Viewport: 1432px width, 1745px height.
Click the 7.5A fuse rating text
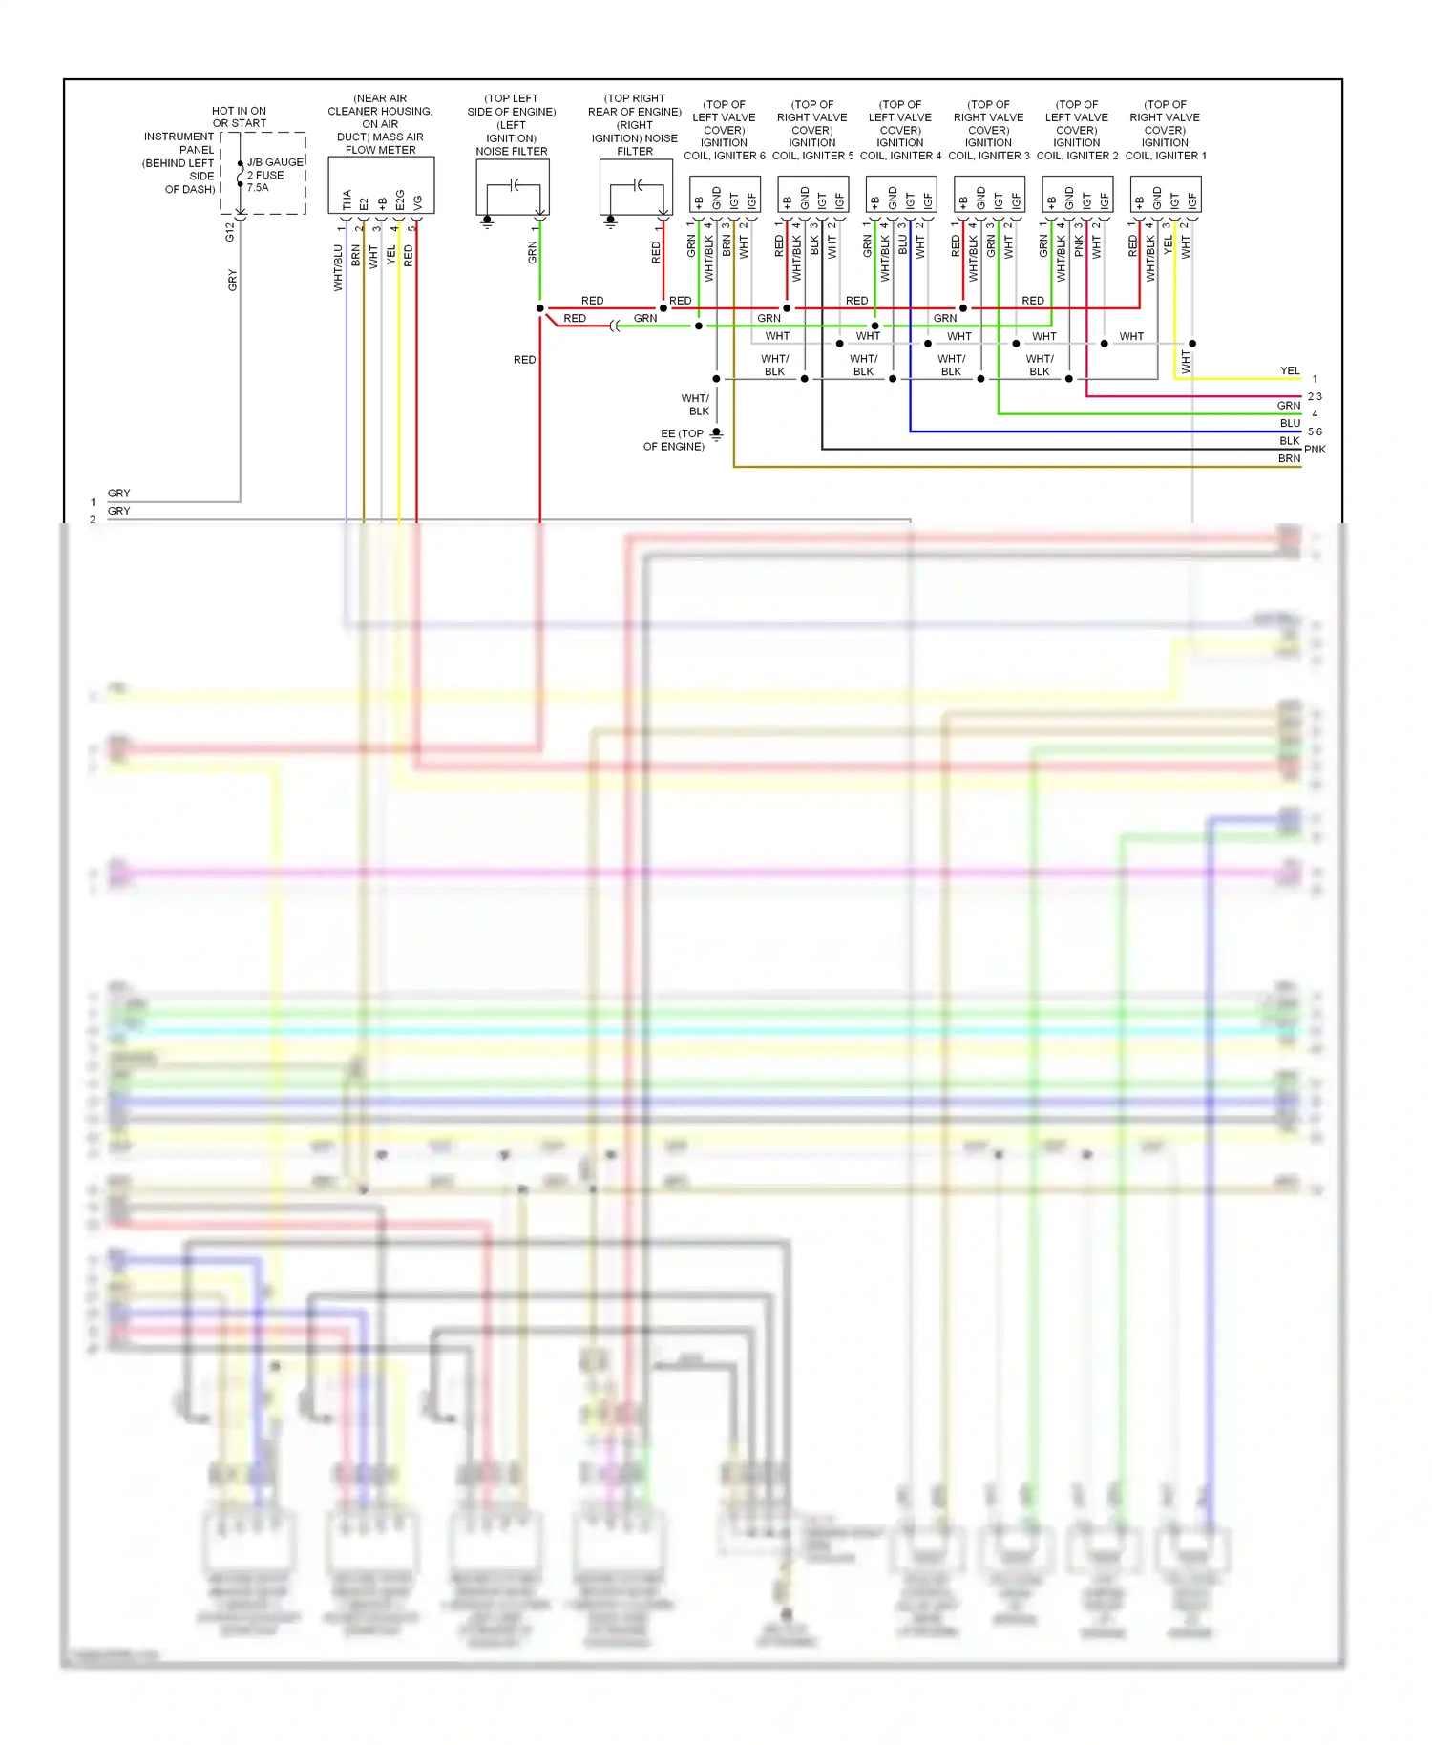258,188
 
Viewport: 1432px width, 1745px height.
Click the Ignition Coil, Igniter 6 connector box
725,195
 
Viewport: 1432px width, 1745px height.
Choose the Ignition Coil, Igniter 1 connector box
1165,195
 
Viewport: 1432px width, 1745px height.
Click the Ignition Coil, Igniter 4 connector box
900,195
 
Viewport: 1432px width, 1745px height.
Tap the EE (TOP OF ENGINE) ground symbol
716,434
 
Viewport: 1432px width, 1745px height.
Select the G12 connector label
229,231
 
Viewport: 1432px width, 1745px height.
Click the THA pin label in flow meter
347,200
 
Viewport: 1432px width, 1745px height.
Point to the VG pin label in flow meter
417,201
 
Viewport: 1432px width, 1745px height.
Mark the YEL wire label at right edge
1290,370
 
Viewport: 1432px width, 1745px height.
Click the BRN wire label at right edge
1289,458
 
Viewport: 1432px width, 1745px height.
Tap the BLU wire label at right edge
1290,423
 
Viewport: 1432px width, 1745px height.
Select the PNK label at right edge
1315,449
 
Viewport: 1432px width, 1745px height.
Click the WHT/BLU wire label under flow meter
338,267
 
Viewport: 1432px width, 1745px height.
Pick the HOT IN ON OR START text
239,116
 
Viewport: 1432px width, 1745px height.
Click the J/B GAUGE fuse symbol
241,175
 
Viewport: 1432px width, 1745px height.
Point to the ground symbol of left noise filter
487,221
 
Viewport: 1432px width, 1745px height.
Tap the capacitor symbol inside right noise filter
637,184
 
